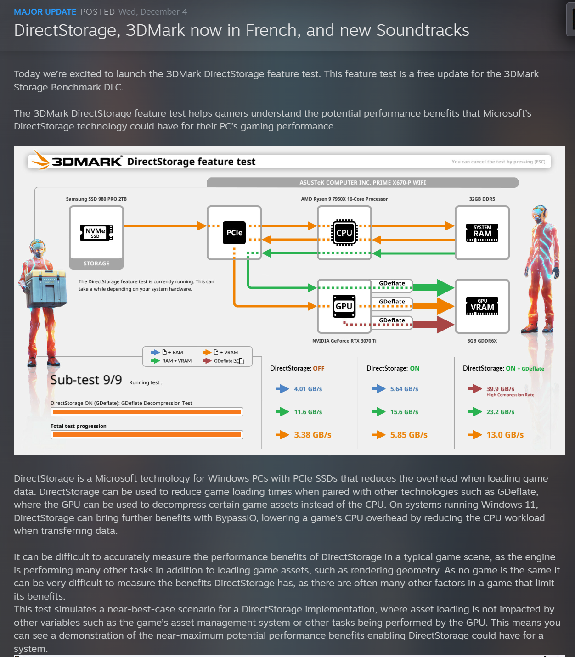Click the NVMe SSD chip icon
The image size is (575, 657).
pyautogui.click(x=96, y=233)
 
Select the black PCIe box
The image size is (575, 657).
pyautogui.click(x=234, y=233)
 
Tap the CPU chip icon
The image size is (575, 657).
pyautogui.click(x=344, y=233)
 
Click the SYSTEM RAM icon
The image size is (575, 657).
pyautogui.click(x=482, y=233)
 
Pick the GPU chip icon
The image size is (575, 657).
pyautogui.click(x=344, y=306)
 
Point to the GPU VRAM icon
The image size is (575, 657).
pyautogui.click(x=482, y=306)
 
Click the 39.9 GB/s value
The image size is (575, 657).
pyautogui.click(x=500, y=389)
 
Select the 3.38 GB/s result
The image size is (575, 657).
pyautogui.click(x=312, y=435)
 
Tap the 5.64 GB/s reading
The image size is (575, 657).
pyautogui.click(x=404, y=389)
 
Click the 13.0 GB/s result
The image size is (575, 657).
pyautogui.click(x=505, y=435)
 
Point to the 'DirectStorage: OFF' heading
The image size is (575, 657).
pyautogui.click(x=297, y=368)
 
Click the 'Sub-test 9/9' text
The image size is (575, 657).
pyautogui.click(x=86, y=380)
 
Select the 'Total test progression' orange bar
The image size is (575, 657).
pyautogui.click(x=147, y=435)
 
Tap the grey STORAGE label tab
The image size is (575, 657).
pyautogui.click(x=96, y=264)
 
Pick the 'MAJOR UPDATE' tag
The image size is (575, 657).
pyautogui.click(x=45, y=12)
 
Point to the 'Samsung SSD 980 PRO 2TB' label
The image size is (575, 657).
pyautogui.click(x=96, y=199)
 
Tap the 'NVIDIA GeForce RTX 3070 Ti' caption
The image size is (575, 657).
pyautogui.click(x=344, y=341)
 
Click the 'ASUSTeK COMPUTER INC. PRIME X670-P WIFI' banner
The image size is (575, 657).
pyautogui.click(x=362, y=183)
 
